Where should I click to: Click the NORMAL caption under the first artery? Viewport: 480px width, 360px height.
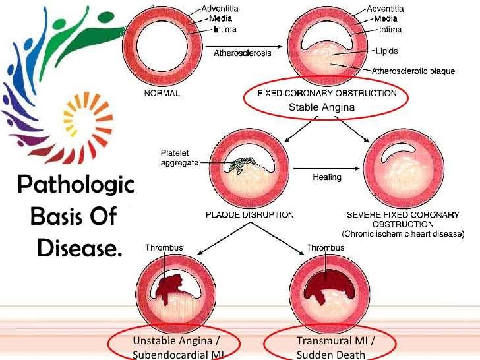[x=162, y=93]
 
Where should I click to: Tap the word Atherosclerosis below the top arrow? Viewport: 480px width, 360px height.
[x=243, y=53]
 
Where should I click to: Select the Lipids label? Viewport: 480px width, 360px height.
[x=386, y=51]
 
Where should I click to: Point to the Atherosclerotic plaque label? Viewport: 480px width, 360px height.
[x=413, y=71]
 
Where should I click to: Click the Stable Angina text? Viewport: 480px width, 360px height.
[x=322, y=107]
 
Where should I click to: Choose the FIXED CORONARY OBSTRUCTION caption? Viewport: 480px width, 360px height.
[x=327, y=93]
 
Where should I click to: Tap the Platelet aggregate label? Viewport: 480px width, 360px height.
[x=179, y=158]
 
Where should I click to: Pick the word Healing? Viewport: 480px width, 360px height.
[x=327, y=177]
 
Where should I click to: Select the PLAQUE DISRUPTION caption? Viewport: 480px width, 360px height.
[x=250, y=214]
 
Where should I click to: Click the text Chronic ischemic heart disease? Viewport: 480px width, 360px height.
[x=403, y=234]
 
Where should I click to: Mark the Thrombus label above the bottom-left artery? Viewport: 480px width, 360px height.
[x=164, y=247]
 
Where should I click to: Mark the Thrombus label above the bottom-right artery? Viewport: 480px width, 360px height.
[x=326, y=247]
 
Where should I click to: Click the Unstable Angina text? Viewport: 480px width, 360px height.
[x=172, y=340]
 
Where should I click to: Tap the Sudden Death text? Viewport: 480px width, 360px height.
[x=331, y=355]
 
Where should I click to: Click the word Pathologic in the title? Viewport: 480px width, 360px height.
[x=76, y=185]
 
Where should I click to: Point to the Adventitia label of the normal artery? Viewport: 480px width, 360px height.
[x=220, y=9]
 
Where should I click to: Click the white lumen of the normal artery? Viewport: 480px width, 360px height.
[x=162, y=46]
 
